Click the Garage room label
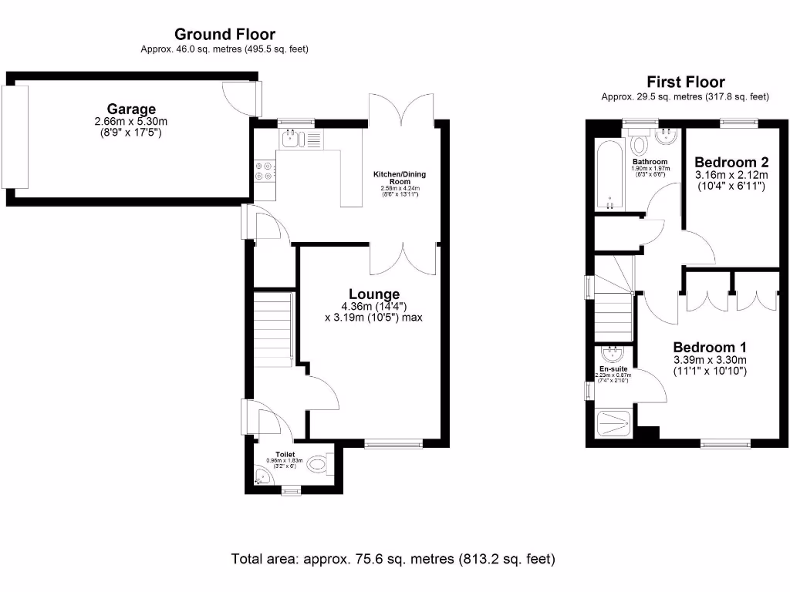131,109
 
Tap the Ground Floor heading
225,34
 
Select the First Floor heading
685,82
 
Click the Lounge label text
374,294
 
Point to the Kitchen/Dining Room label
400,178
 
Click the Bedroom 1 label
709,347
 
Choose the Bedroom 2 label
731,163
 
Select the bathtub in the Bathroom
609,176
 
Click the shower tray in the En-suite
616,423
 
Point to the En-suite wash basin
613,355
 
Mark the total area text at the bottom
393,558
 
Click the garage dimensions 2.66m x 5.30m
131,122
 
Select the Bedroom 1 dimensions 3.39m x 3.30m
709,360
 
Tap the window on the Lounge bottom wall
393,443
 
